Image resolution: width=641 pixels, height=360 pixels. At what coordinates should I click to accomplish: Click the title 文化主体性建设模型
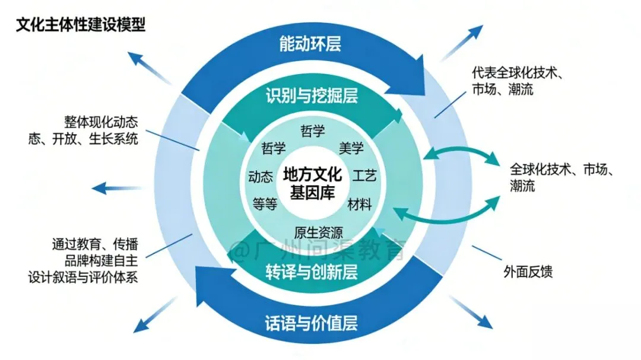81,26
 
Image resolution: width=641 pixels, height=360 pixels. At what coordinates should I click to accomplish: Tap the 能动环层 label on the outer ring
310,43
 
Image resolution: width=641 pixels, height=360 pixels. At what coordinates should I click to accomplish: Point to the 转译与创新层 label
311,272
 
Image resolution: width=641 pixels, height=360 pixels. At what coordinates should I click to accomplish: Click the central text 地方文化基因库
312,183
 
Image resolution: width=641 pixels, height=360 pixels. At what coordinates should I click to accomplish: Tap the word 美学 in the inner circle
351,148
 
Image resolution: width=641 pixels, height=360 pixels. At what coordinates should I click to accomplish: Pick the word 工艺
364,176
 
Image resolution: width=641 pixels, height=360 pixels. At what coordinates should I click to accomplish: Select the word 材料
360,205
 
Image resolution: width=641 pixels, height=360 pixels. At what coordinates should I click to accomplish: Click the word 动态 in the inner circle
261,177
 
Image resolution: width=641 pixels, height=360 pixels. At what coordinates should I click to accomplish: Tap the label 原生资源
318,232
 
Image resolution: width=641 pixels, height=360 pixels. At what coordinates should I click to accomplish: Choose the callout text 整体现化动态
101,123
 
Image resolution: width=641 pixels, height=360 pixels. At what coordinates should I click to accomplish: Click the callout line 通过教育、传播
95,244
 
